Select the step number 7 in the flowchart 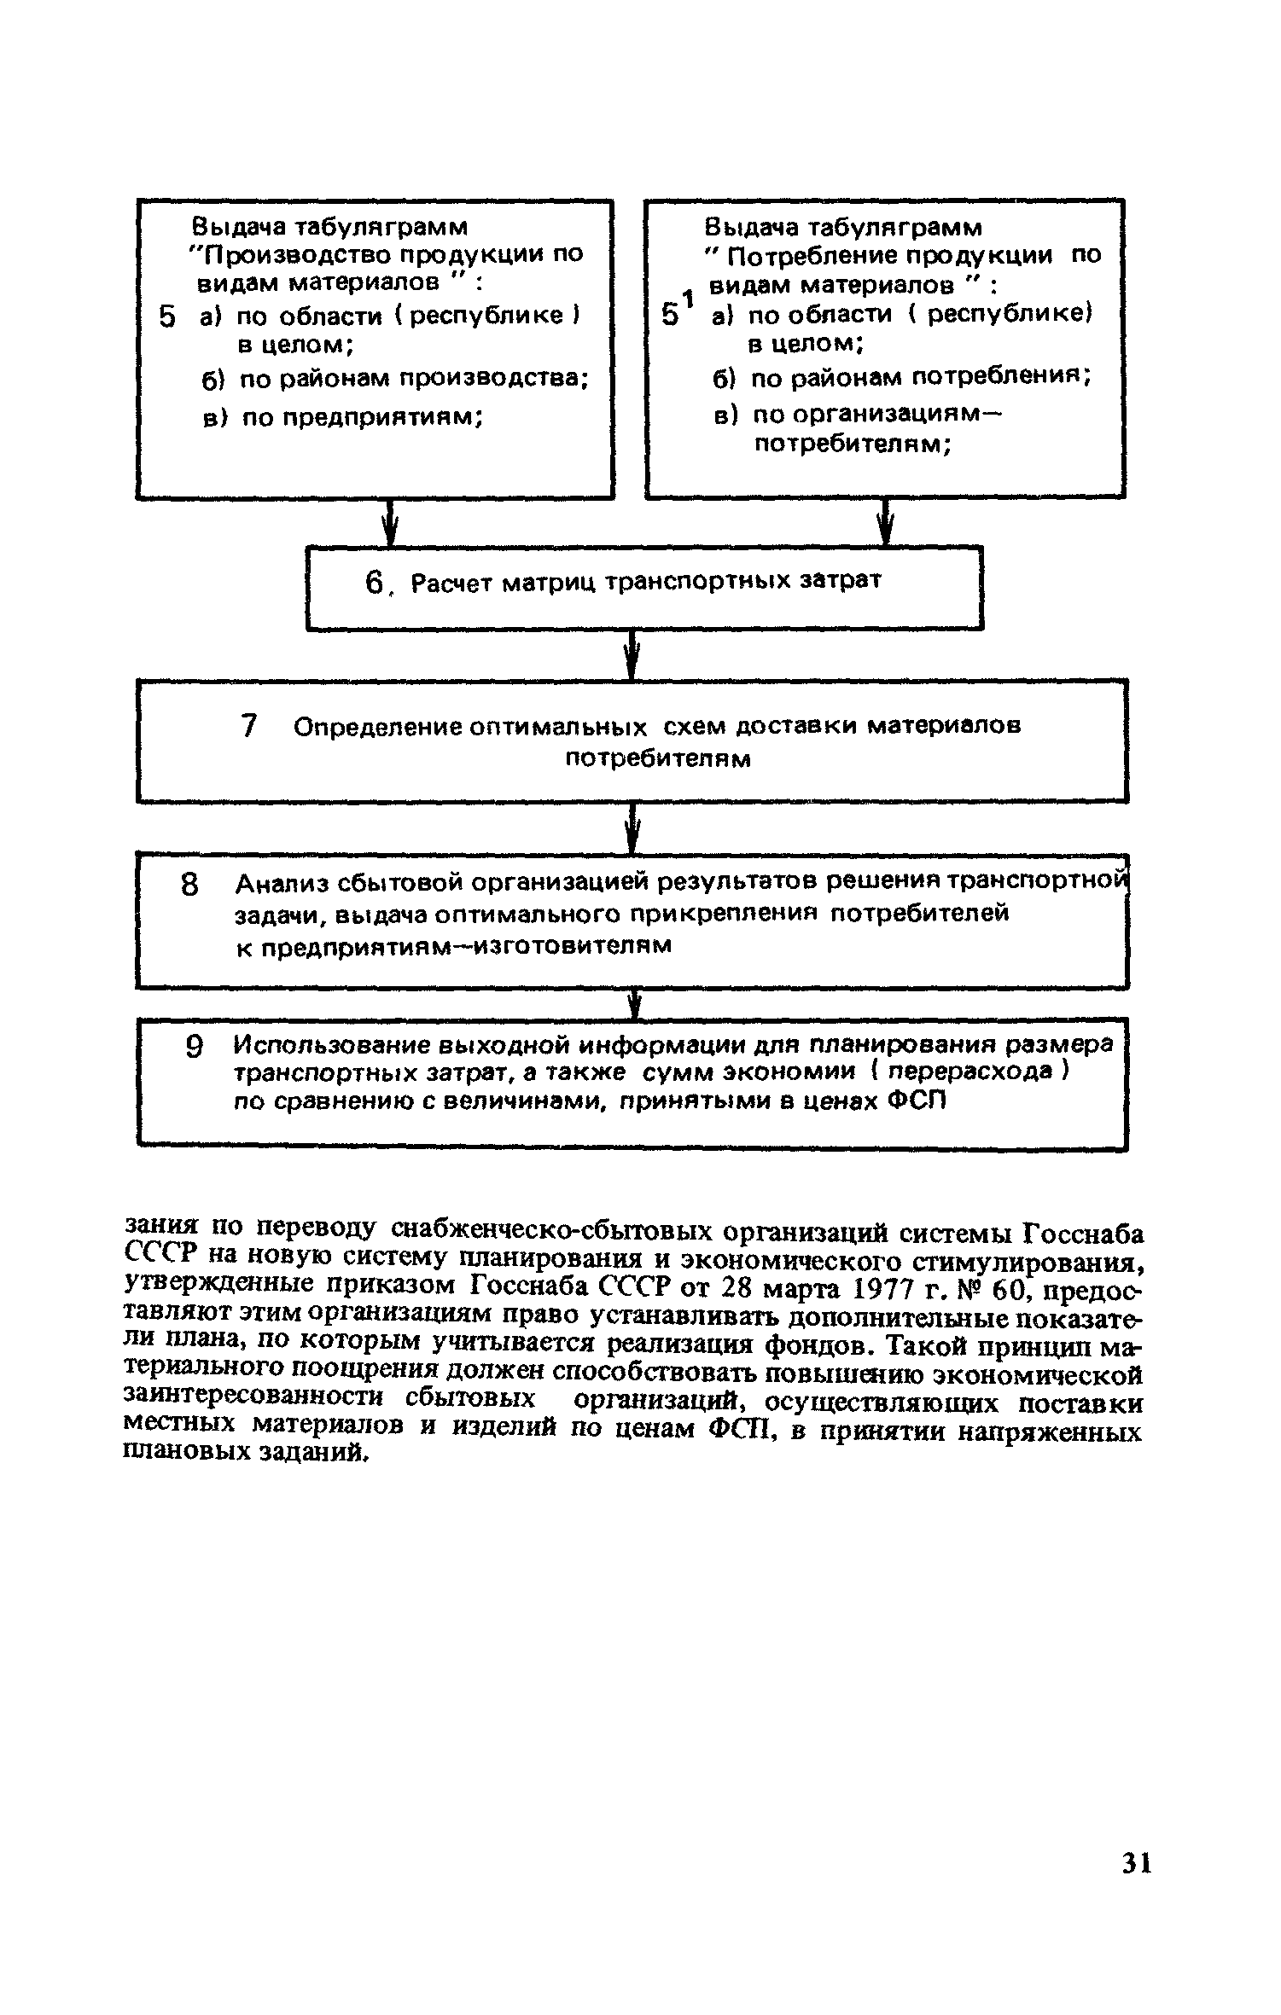click(x=249, y=726)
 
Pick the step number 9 click(x=195, y=1047)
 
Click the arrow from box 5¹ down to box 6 click(x=886, y=522)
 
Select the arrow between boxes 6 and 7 click(x=632, y=654)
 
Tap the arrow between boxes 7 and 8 click(x=632, y=827)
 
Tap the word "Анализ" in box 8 click(x=277, y=881)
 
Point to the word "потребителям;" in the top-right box click(x=853, y=444)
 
